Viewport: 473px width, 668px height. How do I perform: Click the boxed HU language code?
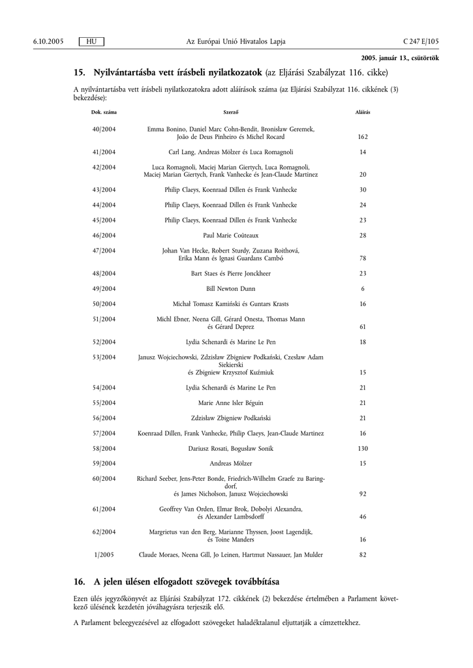(91, 41)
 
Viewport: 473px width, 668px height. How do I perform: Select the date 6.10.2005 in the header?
(48, 41)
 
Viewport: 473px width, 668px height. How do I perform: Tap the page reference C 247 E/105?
(421, 41)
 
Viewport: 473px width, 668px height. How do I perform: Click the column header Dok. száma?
(104, 112)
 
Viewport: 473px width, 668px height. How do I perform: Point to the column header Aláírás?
(363, 112)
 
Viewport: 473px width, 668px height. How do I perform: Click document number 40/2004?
(104, 130)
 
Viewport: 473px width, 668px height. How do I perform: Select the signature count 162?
(363, 138)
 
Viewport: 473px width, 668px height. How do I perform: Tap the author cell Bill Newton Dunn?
(231, 288)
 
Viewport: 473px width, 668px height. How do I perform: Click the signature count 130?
(363, 448)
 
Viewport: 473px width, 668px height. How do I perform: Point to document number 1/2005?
(104, 554)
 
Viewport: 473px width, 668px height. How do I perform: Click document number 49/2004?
(104, 288)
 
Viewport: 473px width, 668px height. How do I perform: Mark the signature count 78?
(363, 258)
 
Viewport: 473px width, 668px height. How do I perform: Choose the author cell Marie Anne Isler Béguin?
(231, 402)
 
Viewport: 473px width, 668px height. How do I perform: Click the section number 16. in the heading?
(80, 581)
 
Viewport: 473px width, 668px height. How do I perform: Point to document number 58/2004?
(104, 448)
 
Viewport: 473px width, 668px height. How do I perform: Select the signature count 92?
(363, 494)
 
